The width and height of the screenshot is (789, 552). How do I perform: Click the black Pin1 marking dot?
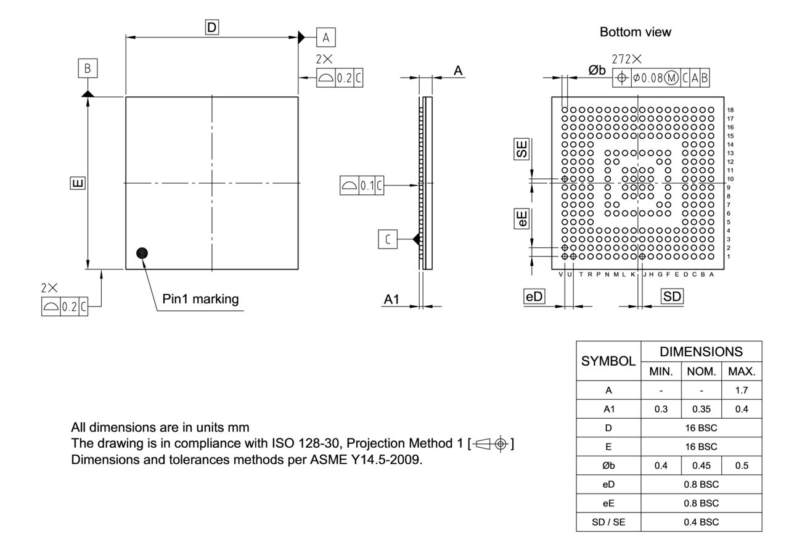pos(142,252)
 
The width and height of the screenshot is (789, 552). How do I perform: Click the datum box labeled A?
pos(325,38)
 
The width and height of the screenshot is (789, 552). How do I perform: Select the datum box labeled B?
pos(88,68)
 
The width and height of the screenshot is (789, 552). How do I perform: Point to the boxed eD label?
pos(534,296)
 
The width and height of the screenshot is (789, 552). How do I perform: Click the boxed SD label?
pos(673,296)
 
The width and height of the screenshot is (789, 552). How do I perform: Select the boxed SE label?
pos(522,149)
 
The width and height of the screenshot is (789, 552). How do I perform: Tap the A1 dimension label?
pos(391,299)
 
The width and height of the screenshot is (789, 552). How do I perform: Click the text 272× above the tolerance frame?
pos(626,59)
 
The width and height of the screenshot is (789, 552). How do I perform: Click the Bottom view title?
pos(635,33)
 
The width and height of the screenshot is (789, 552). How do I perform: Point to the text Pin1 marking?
pos(200,299)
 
